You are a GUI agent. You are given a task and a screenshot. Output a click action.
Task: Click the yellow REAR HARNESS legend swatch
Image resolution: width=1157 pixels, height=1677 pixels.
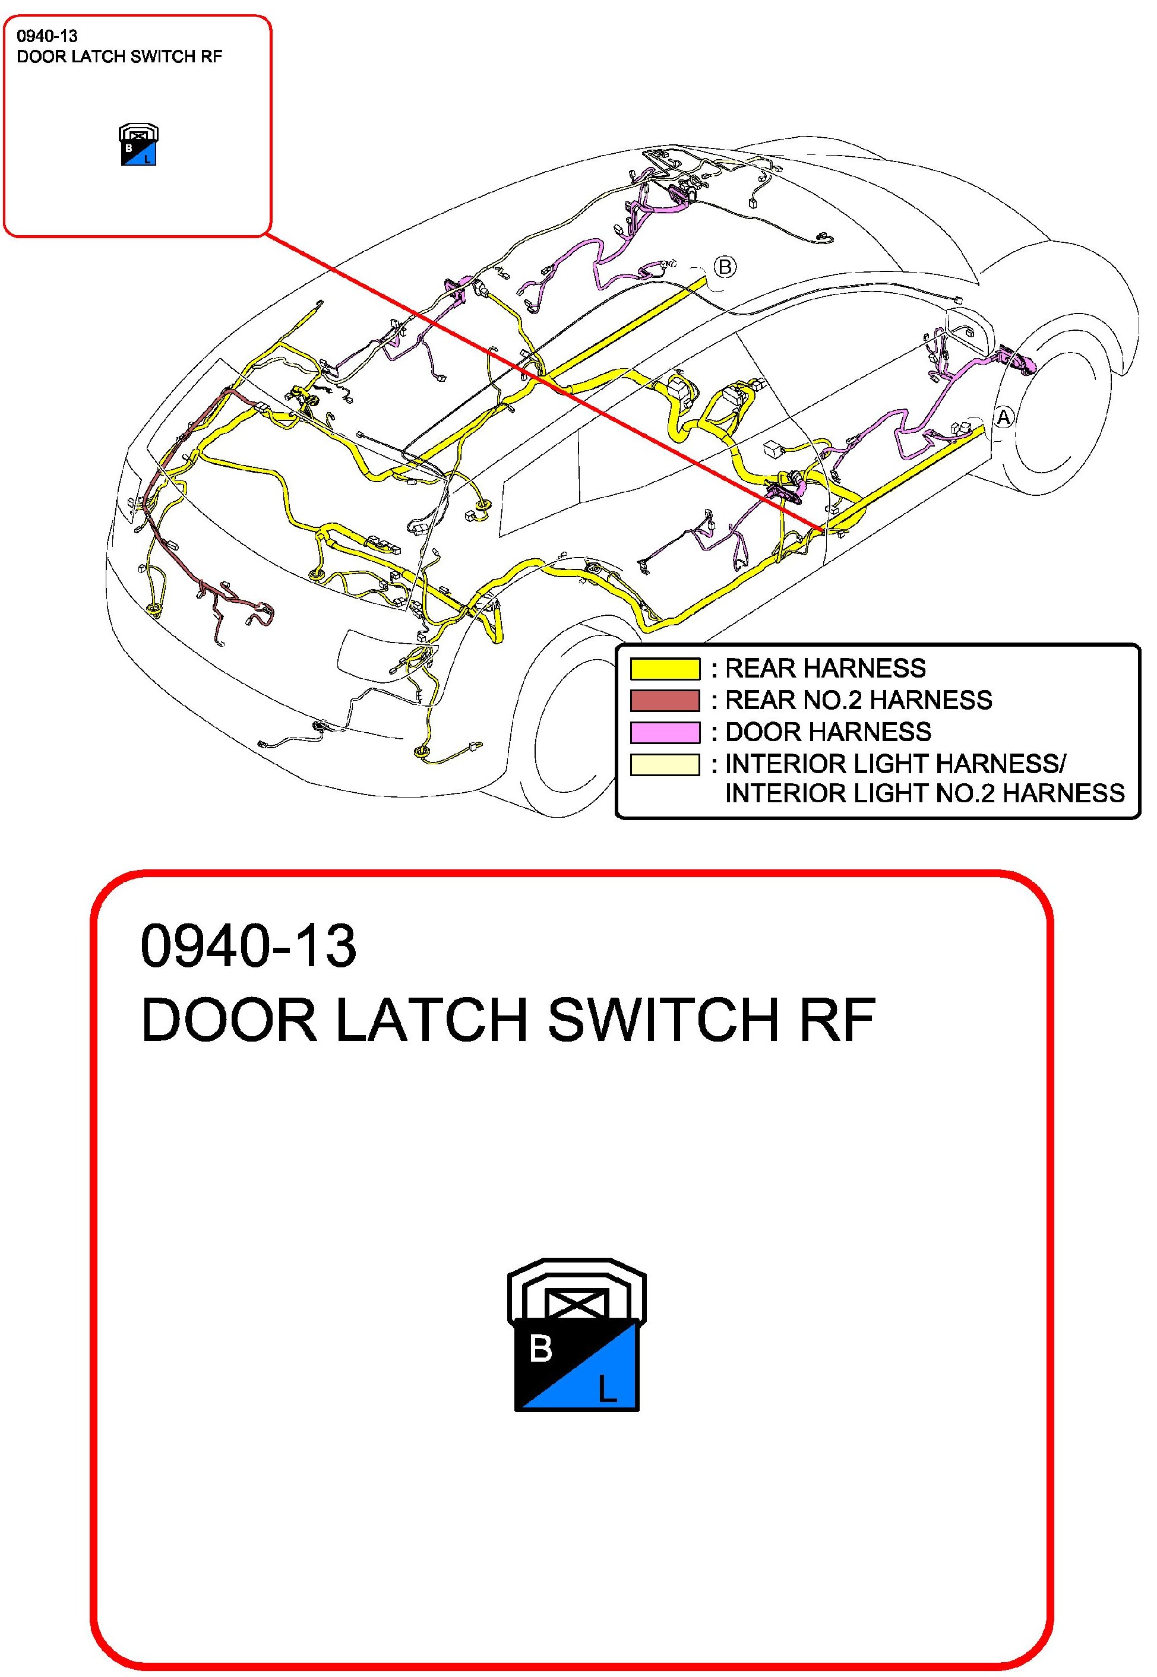[x=665, y=668]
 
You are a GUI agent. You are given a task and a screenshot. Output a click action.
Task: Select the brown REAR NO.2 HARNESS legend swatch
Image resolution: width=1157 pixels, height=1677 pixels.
[x=665, y=700]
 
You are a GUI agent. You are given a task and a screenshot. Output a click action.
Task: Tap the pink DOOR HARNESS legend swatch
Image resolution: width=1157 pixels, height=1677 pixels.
[x=665, y=732]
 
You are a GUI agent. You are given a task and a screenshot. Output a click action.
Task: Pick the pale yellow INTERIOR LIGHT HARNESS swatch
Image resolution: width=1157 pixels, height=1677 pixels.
[x=665, y=765]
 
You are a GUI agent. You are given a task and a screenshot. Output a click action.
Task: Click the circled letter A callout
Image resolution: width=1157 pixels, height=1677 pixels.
[x=1003, y=418]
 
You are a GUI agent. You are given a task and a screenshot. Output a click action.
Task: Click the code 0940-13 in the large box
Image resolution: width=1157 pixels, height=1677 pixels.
[x=249, y=947]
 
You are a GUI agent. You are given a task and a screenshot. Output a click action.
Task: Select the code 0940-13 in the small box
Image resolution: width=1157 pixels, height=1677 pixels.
[x=47, y=36]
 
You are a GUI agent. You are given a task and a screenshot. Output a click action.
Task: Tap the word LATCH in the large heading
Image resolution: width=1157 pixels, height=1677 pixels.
[x=431, y=1020]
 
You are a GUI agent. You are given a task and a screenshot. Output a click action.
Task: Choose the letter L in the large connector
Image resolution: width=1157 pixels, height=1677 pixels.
[x=607, y=1388]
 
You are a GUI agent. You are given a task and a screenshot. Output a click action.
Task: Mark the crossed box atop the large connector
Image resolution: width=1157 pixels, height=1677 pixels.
[x=576, y=1305]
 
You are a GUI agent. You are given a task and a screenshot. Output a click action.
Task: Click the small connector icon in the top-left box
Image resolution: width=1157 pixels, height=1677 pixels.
[x=138, y=145]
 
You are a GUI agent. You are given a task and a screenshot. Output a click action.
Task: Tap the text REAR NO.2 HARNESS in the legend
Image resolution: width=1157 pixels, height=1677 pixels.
[x=858, y=700]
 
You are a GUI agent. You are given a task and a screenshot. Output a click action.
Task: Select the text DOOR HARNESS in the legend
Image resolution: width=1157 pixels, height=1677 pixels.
[x=828, y=732]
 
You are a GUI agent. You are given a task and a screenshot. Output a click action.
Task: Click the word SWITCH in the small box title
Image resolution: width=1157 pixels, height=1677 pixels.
[x=161, y=56]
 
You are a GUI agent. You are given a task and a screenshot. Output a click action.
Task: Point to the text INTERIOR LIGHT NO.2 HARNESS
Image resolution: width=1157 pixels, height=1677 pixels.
[x=924, y=793]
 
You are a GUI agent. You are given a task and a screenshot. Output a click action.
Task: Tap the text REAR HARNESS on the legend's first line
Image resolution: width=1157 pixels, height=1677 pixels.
[x=825, y=668]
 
